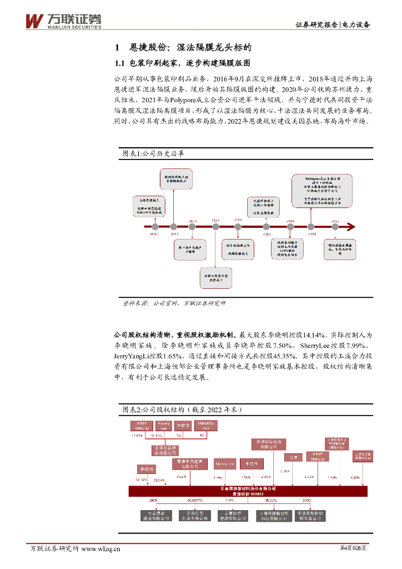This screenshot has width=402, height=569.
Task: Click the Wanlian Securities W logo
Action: (x=34, y=21)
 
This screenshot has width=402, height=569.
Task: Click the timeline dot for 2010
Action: (x=155, y=226)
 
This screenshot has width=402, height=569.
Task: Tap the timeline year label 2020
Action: (x=290, y=221)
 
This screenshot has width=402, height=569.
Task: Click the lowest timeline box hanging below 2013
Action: (x=216, y=277)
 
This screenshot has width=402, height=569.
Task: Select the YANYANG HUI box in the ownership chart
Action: (x=204, y=426)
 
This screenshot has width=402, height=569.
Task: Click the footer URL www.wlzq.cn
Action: (x=101, y=549)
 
